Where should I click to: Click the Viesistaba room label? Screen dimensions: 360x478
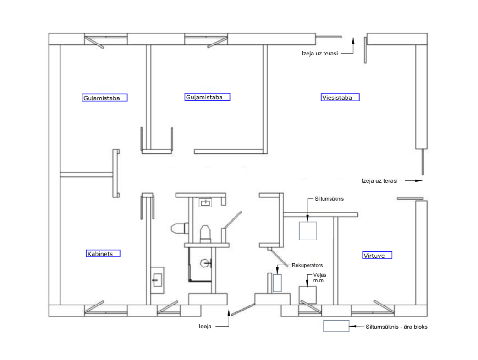click(340, 98)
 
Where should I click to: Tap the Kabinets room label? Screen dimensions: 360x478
click(103, 253)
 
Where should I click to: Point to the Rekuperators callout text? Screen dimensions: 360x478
click(308, 265)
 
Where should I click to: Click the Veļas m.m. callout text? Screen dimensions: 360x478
click(319, 278)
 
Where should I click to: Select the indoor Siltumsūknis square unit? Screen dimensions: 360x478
click(308, 231)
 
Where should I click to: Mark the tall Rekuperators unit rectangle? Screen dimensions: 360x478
click(277, 282)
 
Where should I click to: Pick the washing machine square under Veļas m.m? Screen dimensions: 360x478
click(308, 295)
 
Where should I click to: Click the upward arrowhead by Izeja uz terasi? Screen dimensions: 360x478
click(353, 41)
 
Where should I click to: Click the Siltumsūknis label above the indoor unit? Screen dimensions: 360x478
click(329, 199)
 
